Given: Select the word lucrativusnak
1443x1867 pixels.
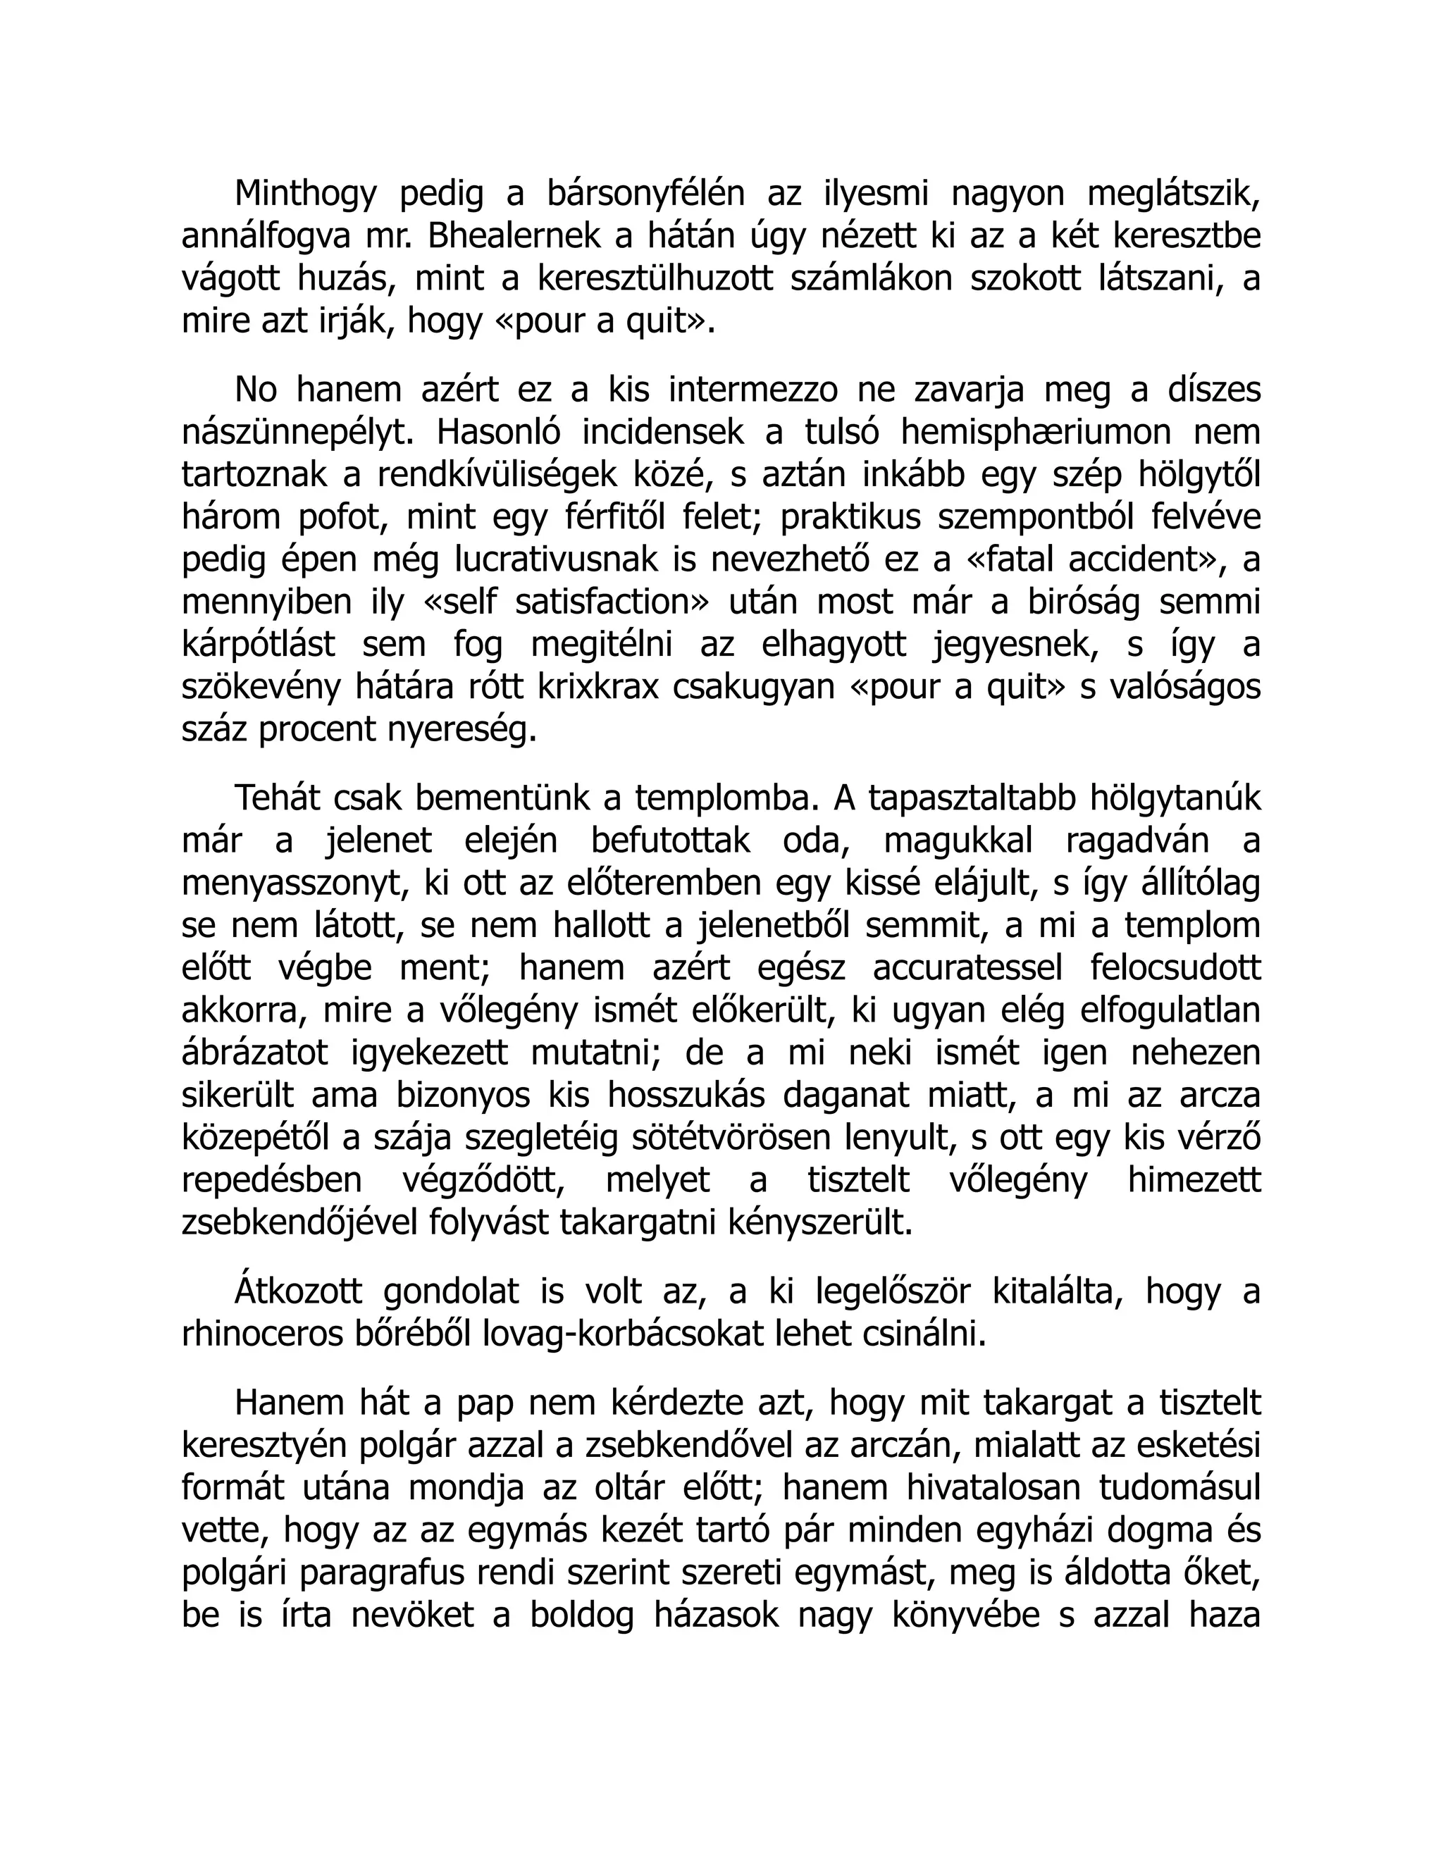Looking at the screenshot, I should tap(557, 560).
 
